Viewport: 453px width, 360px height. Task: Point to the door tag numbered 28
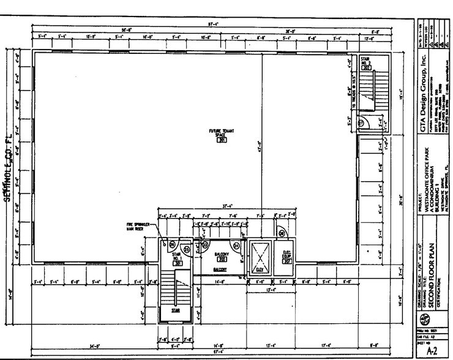282,233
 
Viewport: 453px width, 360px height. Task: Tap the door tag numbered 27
361,122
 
